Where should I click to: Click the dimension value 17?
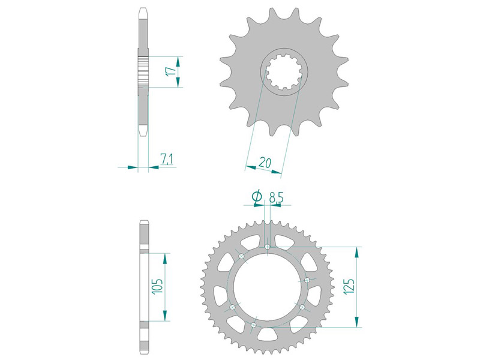(x=172, y=71)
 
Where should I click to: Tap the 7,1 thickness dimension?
(x=167, y=159)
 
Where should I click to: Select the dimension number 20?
(x=265, y=163)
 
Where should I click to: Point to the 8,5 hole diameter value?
(x=276, y=198)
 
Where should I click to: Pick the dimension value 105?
(x=157, y=287)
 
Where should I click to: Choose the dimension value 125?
(x=349, y=287)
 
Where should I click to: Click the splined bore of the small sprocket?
(x=284, y=71)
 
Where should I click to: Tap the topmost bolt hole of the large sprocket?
(x=267, y=247)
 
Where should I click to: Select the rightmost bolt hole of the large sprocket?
(x=307, y=280)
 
